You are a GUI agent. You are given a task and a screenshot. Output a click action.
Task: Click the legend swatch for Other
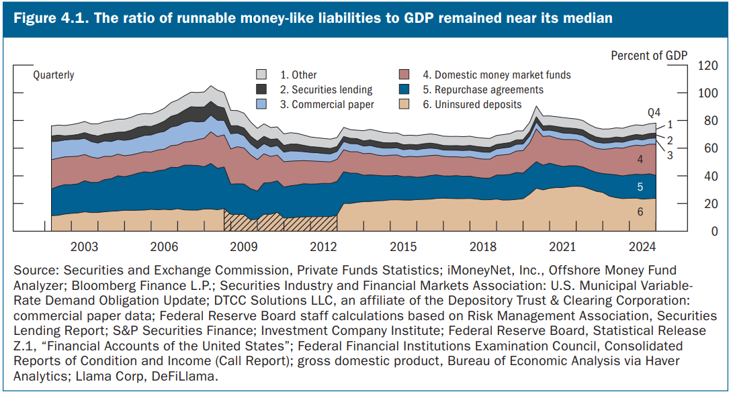tap(263, 75)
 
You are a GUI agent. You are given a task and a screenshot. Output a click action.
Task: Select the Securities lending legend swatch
tap(263, 89)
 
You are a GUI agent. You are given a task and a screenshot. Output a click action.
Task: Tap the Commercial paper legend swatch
tap(263, 104)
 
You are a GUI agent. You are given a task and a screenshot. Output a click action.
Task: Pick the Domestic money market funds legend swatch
tap(404, 75)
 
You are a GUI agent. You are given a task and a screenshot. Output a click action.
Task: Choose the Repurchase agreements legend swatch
tap(404, 89)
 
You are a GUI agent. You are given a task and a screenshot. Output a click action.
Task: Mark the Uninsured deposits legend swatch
tap(404, 104)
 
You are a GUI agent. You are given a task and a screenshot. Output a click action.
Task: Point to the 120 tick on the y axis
tap(708, 66)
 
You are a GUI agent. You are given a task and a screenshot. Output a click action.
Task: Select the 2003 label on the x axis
tap(84, 246)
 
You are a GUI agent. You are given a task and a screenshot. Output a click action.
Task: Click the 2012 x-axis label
tap(324, 246)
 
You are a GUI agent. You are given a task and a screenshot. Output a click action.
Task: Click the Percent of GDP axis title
tap(649, 56)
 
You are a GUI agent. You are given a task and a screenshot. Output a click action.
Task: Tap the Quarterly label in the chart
tap(54, 75)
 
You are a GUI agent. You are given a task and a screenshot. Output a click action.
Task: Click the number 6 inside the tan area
tap(640, 211)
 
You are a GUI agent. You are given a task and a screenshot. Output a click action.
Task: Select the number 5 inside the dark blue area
tap(640, 187)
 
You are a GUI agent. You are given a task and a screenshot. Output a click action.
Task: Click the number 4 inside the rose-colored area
tap(640, 160)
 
